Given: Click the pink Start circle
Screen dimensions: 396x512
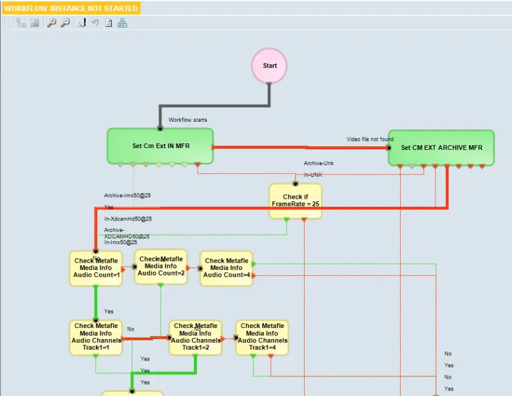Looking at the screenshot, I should pyautogui.click(x=269, y=66).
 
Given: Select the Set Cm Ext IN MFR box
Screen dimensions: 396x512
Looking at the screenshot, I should pyautogui.click(x=160, y=146).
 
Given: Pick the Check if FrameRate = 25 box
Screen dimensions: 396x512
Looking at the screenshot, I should pyautogui.click(x=295, y=201).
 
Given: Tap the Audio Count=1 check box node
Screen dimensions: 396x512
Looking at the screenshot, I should pyautogui.click(x=96, y=268).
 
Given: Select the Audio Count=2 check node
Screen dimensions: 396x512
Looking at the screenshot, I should pyautogui.click(x=161, y=266).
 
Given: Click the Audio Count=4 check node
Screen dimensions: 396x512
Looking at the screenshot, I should pyautogui.click(x=226, y=268).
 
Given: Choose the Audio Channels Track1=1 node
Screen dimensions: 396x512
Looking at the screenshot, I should pyautogui.click(x=96, y=337).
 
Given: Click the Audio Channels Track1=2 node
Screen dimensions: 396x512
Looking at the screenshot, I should pyautogui.click(x=195, y=337).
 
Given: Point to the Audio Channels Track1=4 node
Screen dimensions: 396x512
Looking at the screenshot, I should pyautogui.click(x=262, y=337).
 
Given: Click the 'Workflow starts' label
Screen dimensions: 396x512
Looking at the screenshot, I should pyautogui.click(x=188, y=120).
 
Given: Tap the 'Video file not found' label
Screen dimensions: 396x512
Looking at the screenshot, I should pyautogui.click(x=370, y=140).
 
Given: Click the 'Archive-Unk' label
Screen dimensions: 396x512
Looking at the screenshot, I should pyautogui.click(x=319, y=163).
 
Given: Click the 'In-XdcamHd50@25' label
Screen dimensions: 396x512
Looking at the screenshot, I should pyautogui.click(x=127, y=219).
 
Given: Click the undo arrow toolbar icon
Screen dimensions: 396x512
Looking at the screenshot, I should pyautogui.click(x=95, y=23).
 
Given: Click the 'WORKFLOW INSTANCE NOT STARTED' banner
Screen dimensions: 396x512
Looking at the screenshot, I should pyautogui.click(x=71, y=9).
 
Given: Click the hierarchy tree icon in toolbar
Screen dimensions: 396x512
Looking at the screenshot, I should pyautogui.click(x=122, y=23).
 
